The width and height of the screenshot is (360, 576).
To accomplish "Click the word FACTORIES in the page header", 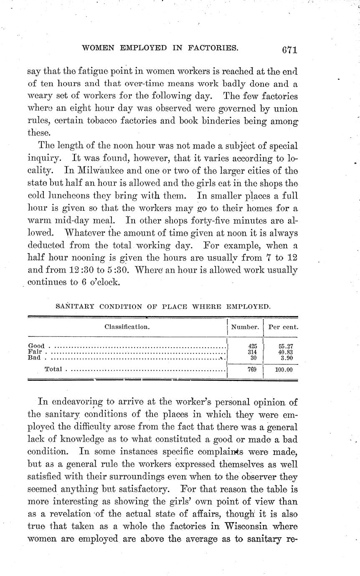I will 213,48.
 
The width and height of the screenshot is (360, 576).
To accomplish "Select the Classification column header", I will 127,327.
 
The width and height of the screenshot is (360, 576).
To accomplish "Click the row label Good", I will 36,346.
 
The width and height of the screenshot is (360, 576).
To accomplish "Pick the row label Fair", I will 35,352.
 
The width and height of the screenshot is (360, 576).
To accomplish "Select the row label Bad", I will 34,358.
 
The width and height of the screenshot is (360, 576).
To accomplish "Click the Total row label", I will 53,369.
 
